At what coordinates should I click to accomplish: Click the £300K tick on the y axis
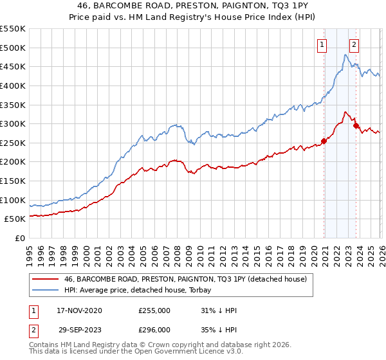pos(13,123)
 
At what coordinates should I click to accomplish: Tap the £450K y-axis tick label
pos(13,66)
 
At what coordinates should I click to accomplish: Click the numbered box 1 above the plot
pos(321,45)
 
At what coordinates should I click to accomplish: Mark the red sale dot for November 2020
pos(324,141)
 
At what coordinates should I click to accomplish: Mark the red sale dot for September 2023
pos(356,125)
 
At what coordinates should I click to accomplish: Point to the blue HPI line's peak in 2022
pos(345,55)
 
